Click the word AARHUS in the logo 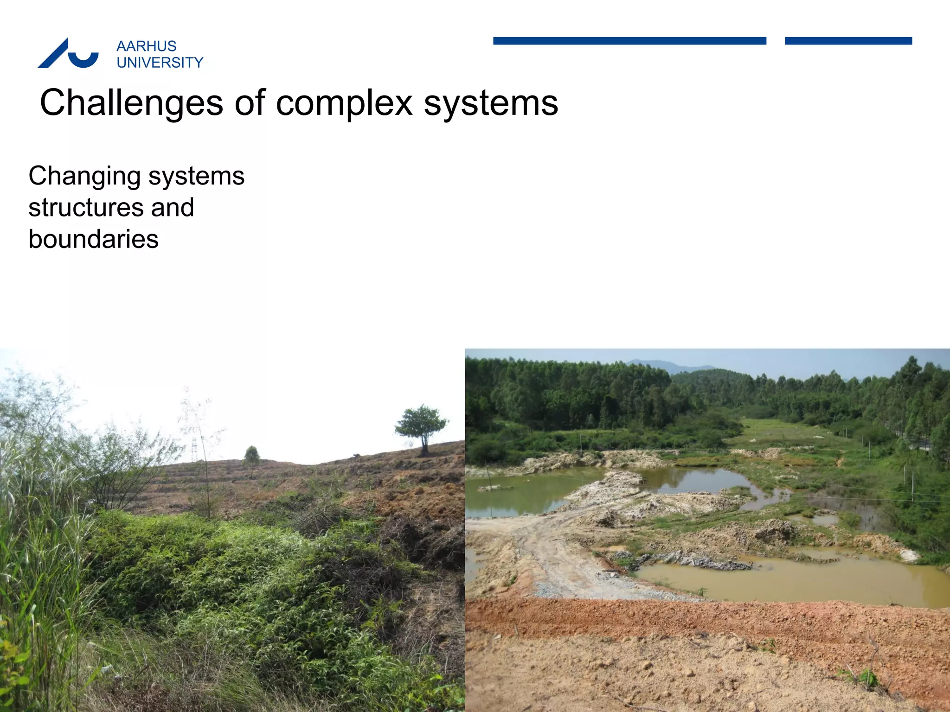(146, 46)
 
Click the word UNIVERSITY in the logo (160, 63)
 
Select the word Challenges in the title (131, 103)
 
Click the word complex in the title (344, 103)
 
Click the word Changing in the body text (84, 177)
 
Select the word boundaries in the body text (93, 239)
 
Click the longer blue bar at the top (629, 41)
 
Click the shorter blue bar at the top (848, 41)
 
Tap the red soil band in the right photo (696, 619)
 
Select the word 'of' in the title (250, 103)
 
